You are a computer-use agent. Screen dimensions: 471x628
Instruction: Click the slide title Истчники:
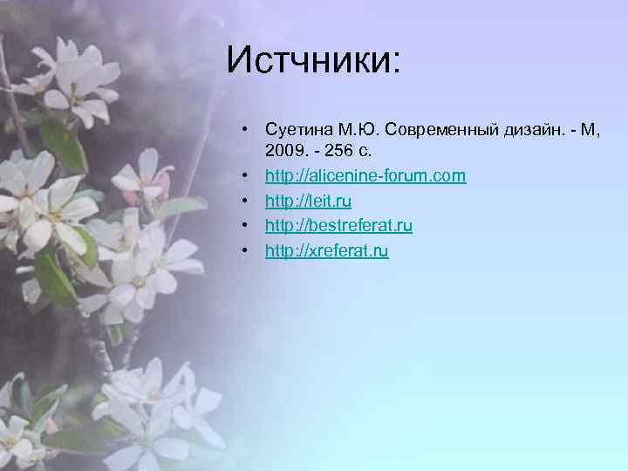pyautogui.click(x=313, y=60)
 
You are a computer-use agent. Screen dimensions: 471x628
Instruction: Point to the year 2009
pyautogui.click(x=284, y=152)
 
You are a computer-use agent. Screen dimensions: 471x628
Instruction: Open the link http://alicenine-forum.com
pyautogui.click(x=365, y=176)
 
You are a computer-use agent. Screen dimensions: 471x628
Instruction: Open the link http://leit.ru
pyautogui.click(x=308, y=201)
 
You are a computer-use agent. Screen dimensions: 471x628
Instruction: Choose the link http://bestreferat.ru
pyautogui.click(x=338, y=226)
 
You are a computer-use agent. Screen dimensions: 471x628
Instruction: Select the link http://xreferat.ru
pyautogui.click(x=326, y=251)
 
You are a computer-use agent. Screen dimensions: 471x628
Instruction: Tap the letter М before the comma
pyautogui.click(x=590, y=131)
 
